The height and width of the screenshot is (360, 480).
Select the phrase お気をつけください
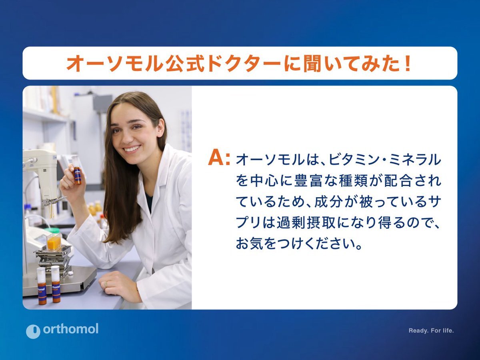[298, 244]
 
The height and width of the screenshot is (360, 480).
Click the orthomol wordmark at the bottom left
[71, 329]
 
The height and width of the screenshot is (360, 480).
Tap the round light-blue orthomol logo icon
[33, 331]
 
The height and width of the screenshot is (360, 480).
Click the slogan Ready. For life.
[431, 331]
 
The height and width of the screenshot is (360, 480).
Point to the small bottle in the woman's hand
[76, 170]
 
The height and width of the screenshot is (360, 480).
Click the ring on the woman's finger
[106, 284]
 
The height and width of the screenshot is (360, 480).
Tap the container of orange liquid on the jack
[54, 242]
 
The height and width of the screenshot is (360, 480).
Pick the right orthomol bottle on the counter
[56, 284]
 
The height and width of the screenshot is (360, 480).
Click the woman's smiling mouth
[132, 149]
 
